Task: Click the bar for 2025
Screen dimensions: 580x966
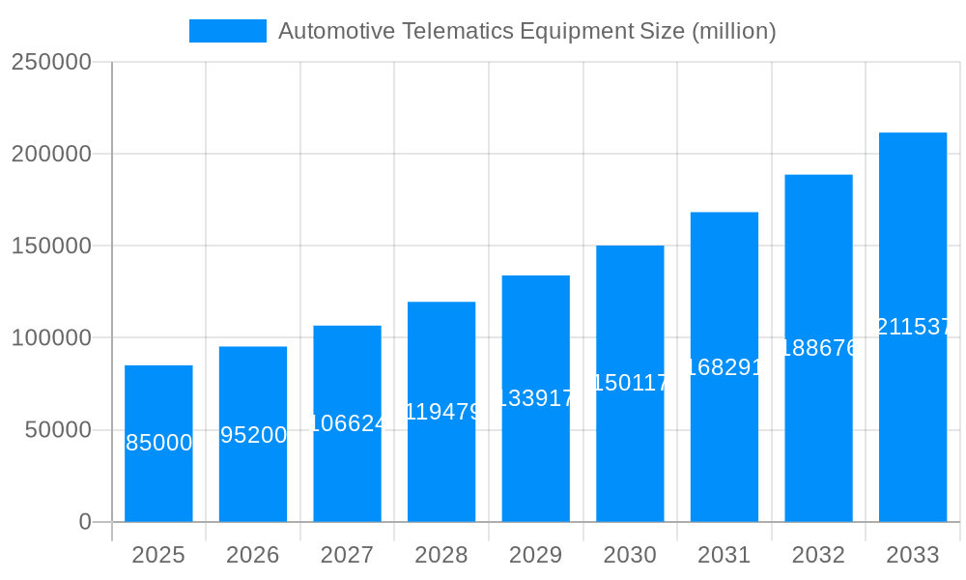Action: (158, 483)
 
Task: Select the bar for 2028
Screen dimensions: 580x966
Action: (441, 464)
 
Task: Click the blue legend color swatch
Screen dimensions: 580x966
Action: (228, 31)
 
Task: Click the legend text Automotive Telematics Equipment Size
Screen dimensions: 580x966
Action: (526, 31)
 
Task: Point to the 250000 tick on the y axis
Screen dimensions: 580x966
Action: (50, 62)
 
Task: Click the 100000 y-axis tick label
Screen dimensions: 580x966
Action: (50, 338)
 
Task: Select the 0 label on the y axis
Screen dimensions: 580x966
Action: (84, 522)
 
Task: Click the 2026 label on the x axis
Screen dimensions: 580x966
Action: (253, 555)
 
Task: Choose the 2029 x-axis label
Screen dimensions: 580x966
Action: (535, 555)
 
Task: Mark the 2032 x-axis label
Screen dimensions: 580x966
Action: (818, 555)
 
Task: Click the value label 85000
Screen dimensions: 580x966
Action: (159, 443)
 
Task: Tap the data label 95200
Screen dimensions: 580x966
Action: (253, 435)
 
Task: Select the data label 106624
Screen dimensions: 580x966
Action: (348, 423)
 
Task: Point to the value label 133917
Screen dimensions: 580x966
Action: (536, 398)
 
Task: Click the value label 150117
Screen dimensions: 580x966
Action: (630, 383)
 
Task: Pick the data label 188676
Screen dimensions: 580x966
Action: (818, 348)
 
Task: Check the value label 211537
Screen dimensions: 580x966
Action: (913, 327)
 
